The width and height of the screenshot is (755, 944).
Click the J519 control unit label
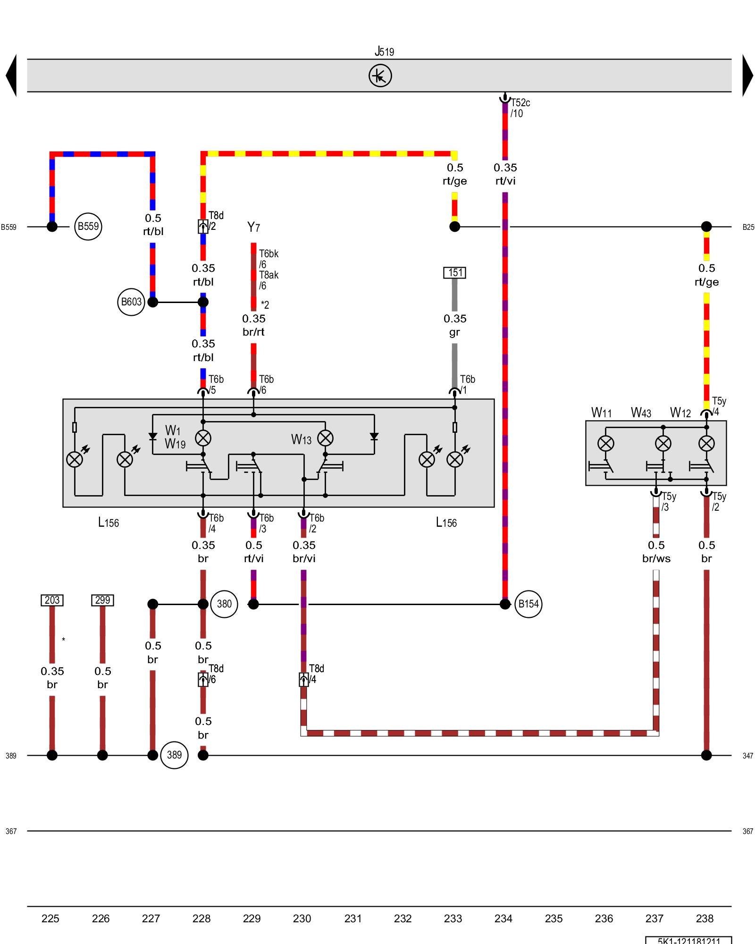click(384, 51)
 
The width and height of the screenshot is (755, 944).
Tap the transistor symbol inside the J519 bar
click(380, 76)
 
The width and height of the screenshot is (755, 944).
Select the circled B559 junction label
click(88, 227)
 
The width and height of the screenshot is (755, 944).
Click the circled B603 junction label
click(131, 302)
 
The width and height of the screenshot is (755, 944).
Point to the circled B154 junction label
click(528, 604)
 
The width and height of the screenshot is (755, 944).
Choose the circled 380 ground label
click(224, 604)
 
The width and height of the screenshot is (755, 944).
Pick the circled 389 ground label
click(174, 755)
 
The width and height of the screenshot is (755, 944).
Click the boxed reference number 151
click(455, 273)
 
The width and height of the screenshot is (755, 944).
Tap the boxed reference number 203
click(52, 600)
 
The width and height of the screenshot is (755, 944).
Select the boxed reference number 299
click(102, 600)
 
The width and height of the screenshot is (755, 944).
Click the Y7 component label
click(253, 228)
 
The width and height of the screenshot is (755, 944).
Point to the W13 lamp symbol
click(326, 438)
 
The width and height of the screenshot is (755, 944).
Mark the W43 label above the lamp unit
click(641, 413)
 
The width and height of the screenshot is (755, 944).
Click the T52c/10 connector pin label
click(520, 108)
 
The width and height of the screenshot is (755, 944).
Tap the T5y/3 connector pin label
click(668, 502)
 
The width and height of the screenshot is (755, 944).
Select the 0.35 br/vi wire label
click(304, 552)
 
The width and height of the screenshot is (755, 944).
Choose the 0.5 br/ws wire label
click(656, 552)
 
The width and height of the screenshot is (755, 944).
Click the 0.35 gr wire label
click(455, 325)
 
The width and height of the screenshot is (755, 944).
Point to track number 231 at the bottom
click(352, 919)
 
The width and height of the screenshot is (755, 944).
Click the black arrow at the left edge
click(12, 76)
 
